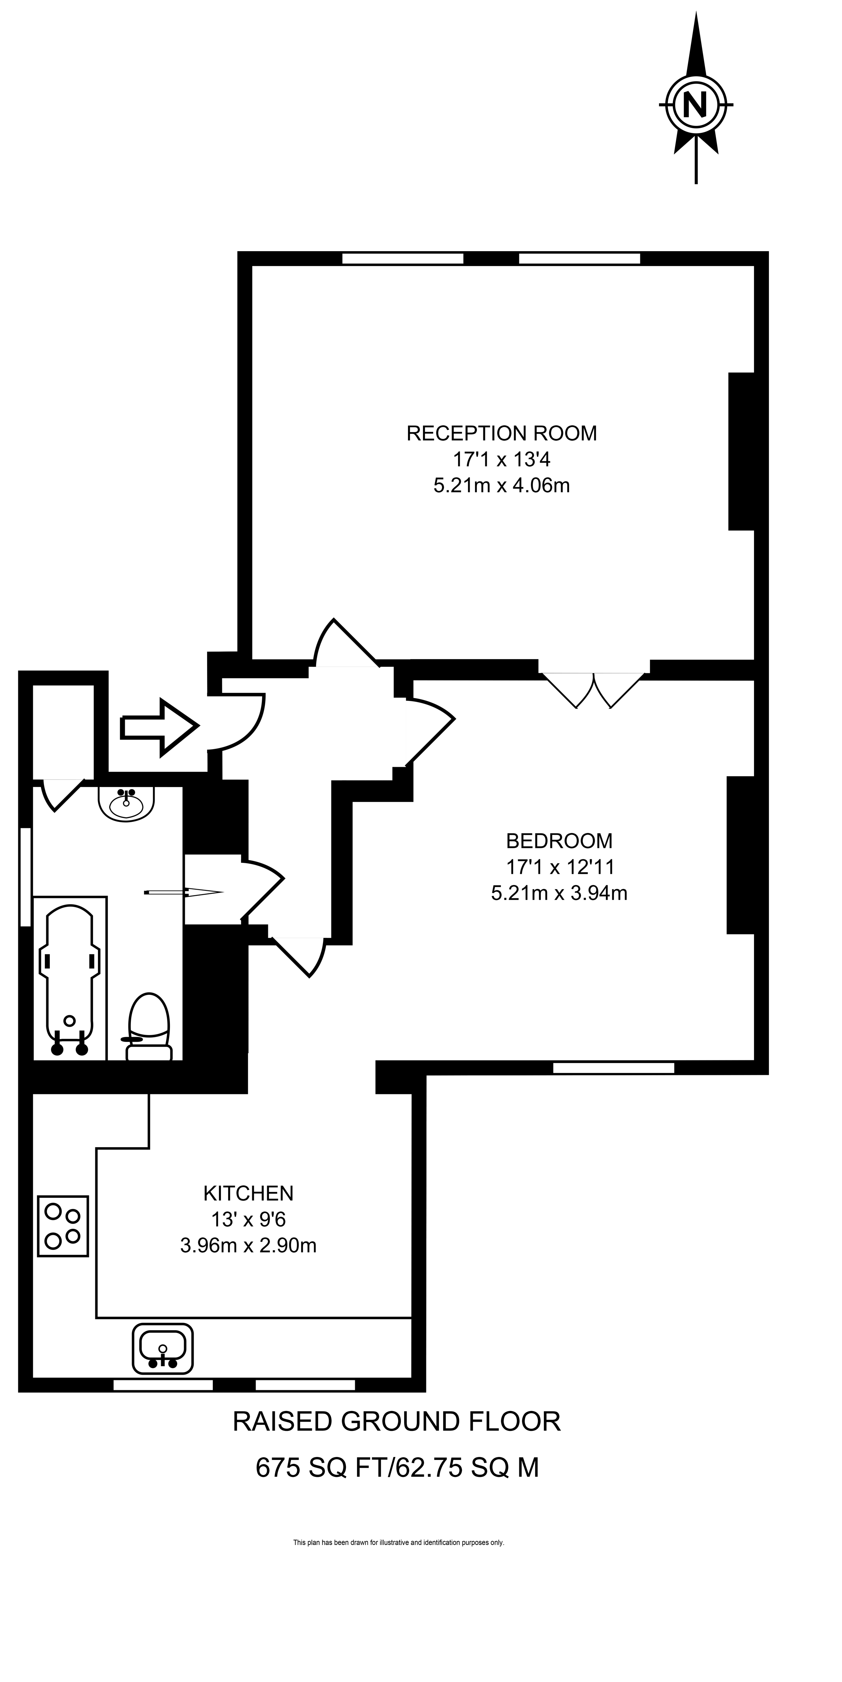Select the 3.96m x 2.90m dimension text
coord(248,1245)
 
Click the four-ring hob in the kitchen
coord(63,1226)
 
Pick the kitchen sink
coord(163,1348)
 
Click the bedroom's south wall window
coord(613,1068)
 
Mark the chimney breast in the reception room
coord(741,451)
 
